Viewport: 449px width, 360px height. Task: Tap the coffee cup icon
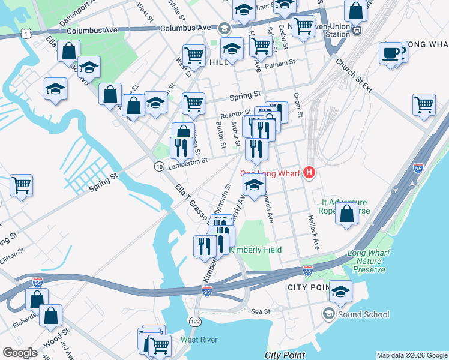[x=391, y=53]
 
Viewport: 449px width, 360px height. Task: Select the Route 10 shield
[x=159, y=166]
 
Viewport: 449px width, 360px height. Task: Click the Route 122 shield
[x=195, y=322]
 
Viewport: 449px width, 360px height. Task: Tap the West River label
[x=199, y=340]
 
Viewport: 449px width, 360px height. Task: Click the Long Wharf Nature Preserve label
[x=369, y=262]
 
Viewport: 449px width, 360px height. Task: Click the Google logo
[x=20, y=352]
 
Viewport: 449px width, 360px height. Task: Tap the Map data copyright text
[x=411, y=355]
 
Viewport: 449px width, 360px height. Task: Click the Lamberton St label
[x=188, y=160]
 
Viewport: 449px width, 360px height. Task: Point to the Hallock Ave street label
[x=313, y=233]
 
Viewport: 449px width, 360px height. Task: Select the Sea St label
[x=262, y=311]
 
